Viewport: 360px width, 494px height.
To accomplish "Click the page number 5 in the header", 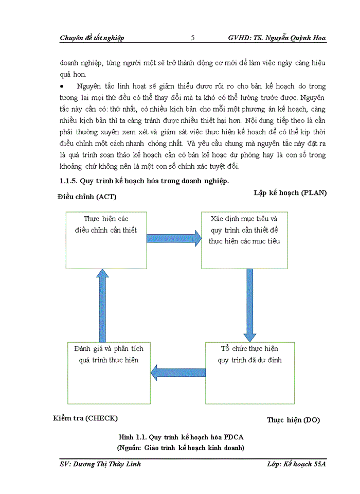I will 192,38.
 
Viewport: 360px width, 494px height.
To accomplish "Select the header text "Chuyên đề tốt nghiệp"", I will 92,38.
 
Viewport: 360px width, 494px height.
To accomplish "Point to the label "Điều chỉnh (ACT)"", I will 87,197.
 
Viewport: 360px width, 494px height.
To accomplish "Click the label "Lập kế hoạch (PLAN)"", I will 290,193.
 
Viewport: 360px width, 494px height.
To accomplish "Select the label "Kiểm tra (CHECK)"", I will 85,417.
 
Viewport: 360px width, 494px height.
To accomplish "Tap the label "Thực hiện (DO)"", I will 293,420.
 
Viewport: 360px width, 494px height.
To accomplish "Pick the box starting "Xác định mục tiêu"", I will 244,240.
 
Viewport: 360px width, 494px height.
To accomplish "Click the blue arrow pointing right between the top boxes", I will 174,238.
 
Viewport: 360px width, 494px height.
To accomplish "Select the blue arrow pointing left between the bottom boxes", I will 177,372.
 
